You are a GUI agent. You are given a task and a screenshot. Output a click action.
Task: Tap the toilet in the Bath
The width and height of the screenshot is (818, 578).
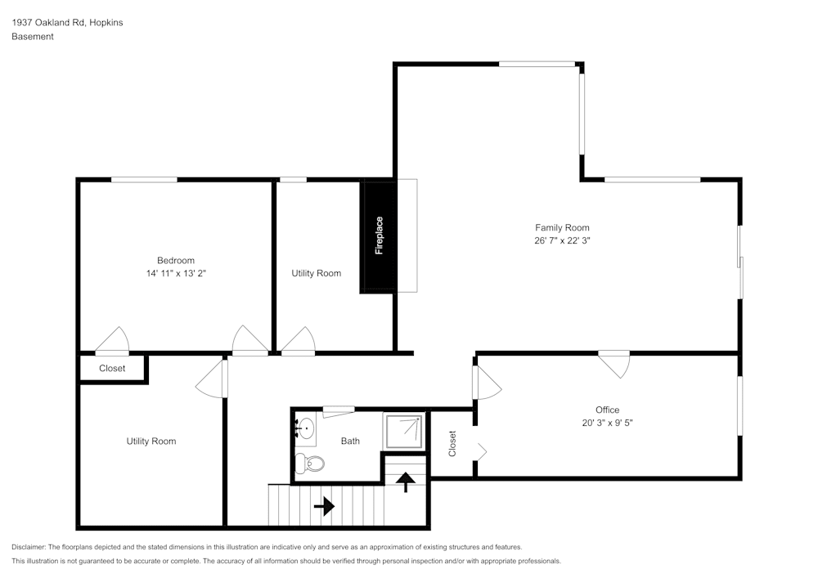click(x=311, y=464)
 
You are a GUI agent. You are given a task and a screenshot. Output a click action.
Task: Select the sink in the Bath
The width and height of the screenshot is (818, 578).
click(x=304, y=427)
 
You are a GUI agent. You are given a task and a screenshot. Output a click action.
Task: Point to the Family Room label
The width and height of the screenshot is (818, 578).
click(x=562, y=228)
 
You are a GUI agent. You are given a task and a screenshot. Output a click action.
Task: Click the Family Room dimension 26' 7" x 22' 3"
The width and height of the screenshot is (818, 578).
click(x=562, y=241)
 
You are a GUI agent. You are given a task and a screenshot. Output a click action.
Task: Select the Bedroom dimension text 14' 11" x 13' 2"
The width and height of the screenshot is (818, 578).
click(x=176, y=274)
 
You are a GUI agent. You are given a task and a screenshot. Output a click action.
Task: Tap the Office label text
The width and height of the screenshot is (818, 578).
click(x=607, y=410)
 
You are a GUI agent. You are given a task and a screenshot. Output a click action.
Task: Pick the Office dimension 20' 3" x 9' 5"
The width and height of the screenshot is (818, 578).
click(x=607, y=423)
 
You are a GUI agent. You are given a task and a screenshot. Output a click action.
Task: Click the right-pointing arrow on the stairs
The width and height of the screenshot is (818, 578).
click(x=324, y=507)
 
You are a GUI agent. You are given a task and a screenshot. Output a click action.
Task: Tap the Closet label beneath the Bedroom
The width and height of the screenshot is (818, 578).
click(x=112, y=369)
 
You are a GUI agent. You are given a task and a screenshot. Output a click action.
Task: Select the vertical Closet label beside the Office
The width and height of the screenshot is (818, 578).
click(x=452, y=444)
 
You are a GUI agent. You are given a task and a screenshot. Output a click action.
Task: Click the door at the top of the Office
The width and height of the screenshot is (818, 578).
click(x=614, y=361)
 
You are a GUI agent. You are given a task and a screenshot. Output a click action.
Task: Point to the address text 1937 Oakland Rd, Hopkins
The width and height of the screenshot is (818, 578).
click(x=67, y=23)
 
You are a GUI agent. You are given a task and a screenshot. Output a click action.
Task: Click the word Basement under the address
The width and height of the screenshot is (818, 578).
click(x=33, y=37)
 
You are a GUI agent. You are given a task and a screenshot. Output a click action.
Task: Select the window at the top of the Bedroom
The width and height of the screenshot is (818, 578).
click(x=144, y=180)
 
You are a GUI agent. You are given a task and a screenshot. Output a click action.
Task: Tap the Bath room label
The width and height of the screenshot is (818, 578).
click(x=350, y=441)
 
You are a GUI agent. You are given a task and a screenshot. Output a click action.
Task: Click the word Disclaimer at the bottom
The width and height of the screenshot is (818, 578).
click(x=29, y=547)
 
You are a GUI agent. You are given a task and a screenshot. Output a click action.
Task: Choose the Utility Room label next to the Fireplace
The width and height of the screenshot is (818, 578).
click(x=316, y=273)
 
